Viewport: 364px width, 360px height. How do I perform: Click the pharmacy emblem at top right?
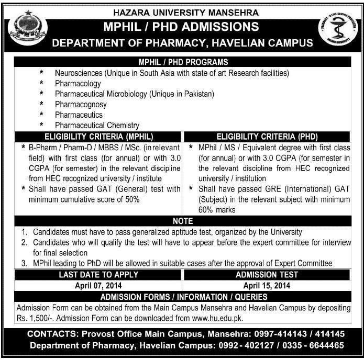336,30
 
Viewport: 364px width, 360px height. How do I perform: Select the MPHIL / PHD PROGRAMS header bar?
182,62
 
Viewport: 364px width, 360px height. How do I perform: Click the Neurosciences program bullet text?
172,73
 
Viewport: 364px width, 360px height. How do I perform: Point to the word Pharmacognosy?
81,105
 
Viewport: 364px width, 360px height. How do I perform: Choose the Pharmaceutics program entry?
79,115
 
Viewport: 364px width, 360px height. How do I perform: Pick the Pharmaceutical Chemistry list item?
97,126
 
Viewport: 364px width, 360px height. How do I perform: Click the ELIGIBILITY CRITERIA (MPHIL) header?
99,136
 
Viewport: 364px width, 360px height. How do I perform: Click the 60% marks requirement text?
217,209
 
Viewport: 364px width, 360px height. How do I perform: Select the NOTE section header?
182,221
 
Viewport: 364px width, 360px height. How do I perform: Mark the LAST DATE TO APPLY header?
99,274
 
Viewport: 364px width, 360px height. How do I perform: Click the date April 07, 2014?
99,286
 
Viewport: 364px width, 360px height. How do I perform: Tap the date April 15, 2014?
267,286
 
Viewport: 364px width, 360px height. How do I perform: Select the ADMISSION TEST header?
267,274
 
